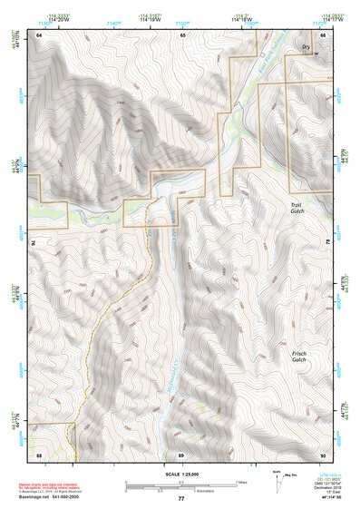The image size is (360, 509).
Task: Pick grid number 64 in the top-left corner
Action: coord(39,34)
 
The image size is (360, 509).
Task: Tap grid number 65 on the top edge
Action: coord(181,34)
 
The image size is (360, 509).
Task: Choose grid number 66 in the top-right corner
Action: coord(322,34)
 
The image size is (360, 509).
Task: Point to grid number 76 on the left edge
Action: coord(34,243)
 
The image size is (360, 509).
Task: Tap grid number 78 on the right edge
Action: coord(327,243)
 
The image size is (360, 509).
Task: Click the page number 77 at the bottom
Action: coord(180,500)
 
